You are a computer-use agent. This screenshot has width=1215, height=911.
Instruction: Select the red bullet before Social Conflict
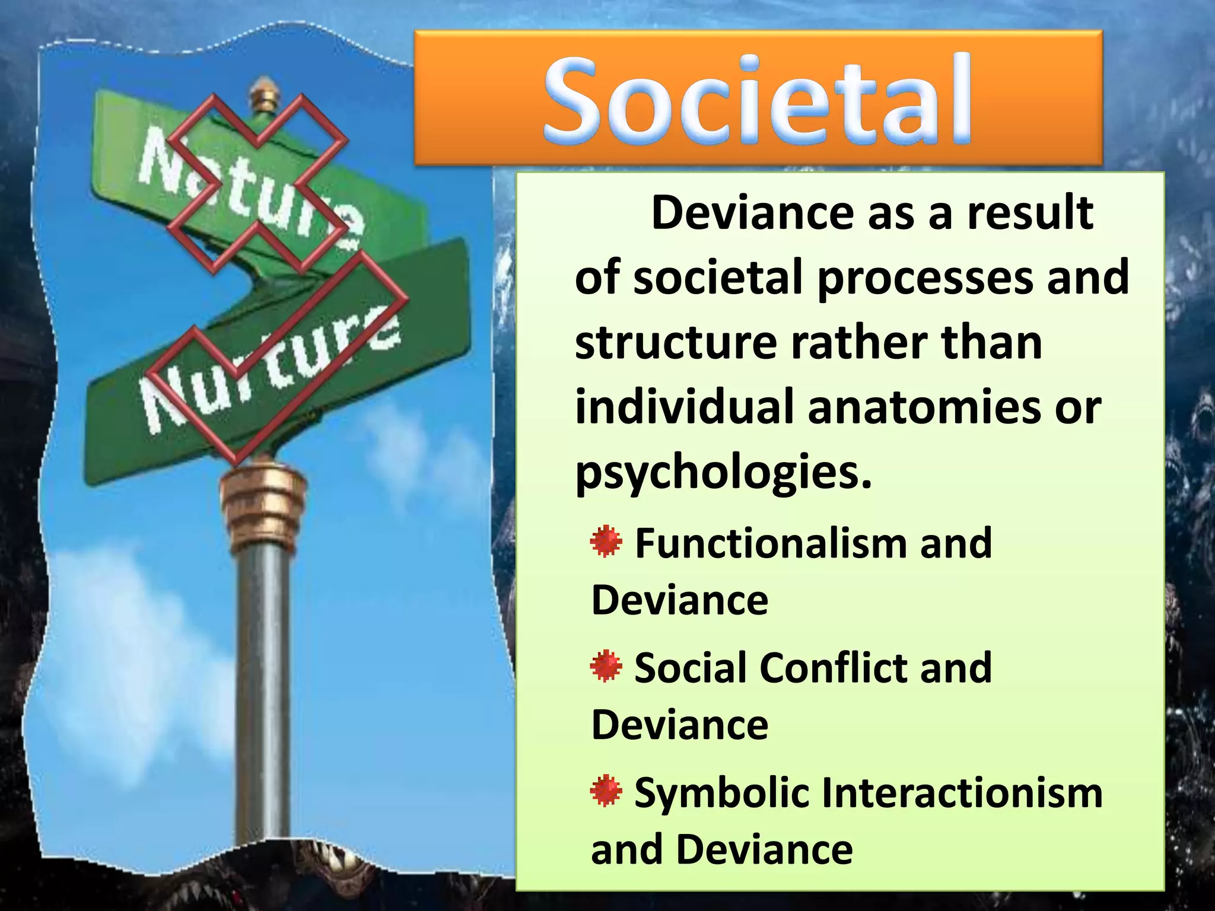click(606, 666)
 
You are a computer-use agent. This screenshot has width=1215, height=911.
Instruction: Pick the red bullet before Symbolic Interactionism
click(606, 791)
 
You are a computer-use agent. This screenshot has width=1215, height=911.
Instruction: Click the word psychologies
click(723, 474)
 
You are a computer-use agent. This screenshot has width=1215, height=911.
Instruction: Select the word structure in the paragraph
click(676, 343)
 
